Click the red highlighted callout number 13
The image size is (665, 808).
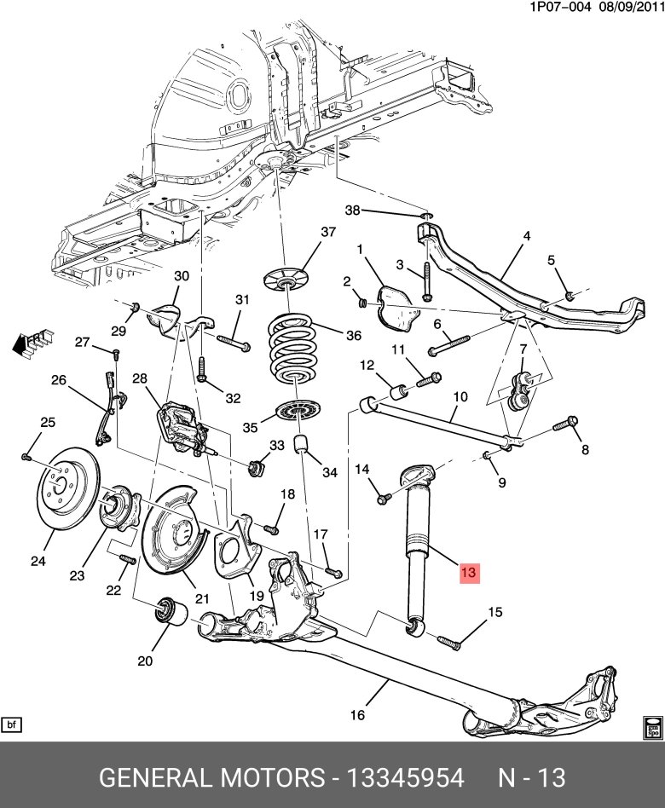pyautogui.click(x=469, y=573)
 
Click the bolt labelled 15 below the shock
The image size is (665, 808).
pyautogui.click(x=448, y=642)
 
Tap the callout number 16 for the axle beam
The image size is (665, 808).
pyautogui.click(x=357, y=714)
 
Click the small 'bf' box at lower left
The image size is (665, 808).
pyautogui.click(x=12, y=724)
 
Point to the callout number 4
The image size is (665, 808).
pyautogui.click(x=526, y=235)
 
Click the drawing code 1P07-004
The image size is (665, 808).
pyautogui.click(x=558, y=7)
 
